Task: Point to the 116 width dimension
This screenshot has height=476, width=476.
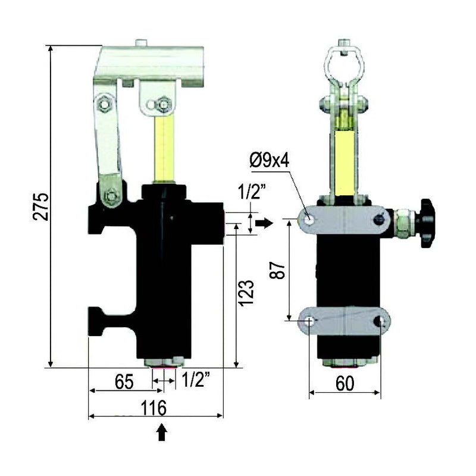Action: pos(154,408)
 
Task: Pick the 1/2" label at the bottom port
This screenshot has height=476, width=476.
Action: pos(196,379)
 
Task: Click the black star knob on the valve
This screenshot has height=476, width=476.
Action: pos(427,223)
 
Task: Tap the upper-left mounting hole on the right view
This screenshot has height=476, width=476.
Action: pos(308,219)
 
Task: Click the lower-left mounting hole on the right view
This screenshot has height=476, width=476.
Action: pos(309,321)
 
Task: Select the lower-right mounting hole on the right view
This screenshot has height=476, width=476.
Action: pos(381,321)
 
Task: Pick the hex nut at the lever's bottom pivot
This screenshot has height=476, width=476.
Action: pos(109,196)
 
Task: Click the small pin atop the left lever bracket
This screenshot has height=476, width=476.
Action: pos(140,42)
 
